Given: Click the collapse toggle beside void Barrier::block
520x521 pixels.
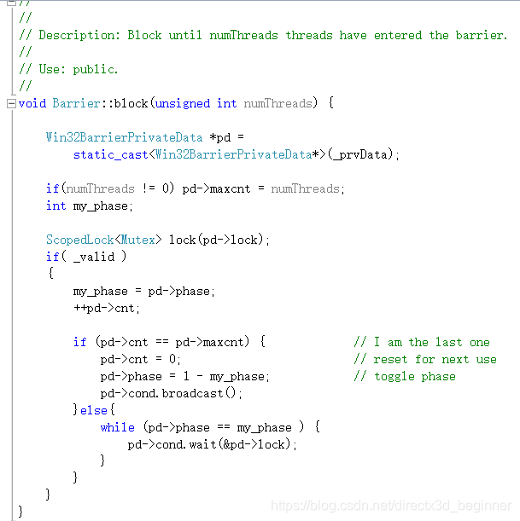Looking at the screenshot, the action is [10, 103].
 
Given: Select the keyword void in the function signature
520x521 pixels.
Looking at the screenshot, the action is [32, 103].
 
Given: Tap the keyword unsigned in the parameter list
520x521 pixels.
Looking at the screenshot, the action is [183, 103].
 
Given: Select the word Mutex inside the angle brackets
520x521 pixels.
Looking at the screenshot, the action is [137, 240].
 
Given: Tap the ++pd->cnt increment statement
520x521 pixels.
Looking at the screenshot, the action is [107, 308].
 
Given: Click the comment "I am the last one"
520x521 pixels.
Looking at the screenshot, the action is [431, 342].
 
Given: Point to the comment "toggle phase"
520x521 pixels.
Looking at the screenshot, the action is [414, 376].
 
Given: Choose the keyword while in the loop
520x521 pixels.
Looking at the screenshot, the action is [117, 427].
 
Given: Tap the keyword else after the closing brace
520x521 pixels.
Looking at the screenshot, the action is [94, 410].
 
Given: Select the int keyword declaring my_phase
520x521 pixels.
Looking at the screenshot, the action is [56, 206].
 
